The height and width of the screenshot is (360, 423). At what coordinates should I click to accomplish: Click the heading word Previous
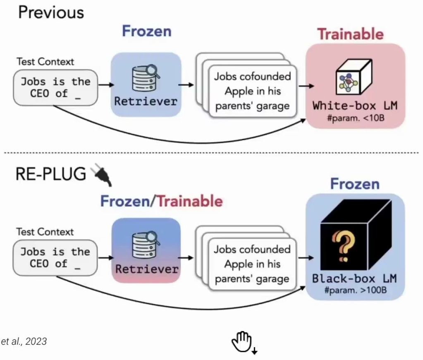tap(51, 12)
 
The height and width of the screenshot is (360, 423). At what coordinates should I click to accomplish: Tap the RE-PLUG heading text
tap(51, 174)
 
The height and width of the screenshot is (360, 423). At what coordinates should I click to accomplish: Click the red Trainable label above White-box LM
tap(350, 34)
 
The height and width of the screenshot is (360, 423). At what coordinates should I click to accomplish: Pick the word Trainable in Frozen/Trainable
tap(190, 201)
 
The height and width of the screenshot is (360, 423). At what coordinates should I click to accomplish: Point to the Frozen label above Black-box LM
tap(354, 184)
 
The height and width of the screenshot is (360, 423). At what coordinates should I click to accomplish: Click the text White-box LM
tap(354, 105)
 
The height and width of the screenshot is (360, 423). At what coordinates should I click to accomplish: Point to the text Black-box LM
tap(354, 278)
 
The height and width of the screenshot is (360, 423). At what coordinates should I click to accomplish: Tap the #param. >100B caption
tap(355, 290)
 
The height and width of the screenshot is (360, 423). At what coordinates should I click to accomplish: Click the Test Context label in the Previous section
tap(45, 62)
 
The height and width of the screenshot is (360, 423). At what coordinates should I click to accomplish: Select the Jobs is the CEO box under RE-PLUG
tap(55, 257)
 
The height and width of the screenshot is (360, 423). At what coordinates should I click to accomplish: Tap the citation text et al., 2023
tap(24, 341)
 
